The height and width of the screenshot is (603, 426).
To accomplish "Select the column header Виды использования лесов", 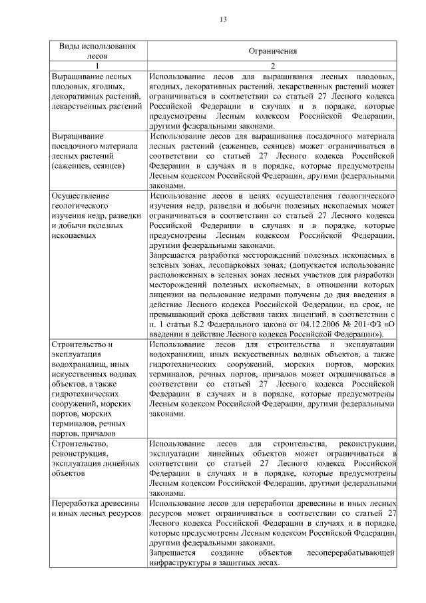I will (x=98, y=51).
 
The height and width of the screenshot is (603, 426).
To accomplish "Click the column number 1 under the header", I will (x=98, y=67).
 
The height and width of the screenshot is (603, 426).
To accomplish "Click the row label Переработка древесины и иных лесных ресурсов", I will (x=97, y=510).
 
